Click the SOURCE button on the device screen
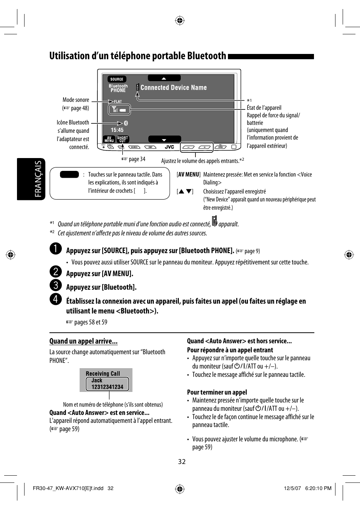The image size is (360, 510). [x=117, y=79]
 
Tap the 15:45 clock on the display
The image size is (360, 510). [x=117, y=130]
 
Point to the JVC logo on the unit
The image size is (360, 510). [x=169, y=147]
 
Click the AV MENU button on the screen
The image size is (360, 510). [x=109, y=139]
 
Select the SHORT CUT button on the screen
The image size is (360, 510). [x=123, y=139]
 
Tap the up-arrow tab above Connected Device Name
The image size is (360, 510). [x=164, y=78]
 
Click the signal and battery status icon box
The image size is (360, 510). [x=119, y=110]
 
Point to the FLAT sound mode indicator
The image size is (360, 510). [x=118, y=101]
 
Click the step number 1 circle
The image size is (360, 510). [x=55, y=249]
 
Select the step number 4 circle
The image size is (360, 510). [x=55, y=299]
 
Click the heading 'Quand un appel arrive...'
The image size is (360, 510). [x=83, y=341]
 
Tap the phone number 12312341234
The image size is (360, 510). [x=107, y=387]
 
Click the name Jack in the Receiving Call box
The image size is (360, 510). [x=97, y=381]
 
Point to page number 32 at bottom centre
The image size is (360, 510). [x=182, y=462]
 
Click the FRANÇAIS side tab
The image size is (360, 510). [x=38, y=179]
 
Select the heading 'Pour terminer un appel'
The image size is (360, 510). [x=217, y=392]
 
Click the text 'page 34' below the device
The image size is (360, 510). [x=137, y=159]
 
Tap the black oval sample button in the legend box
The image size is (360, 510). [x=69, y=175]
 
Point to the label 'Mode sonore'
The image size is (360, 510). [x=76, y=100]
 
